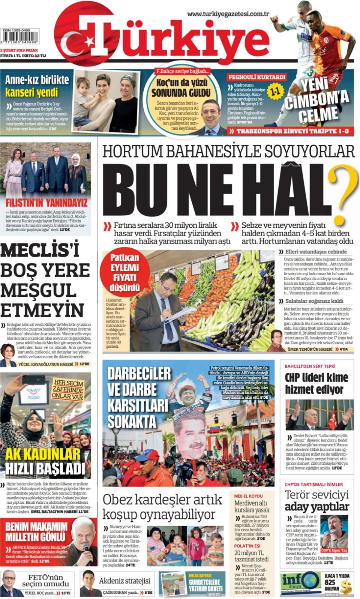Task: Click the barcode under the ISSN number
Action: [x=20, y=38]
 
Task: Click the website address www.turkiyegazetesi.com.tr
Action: [x=228, y=14]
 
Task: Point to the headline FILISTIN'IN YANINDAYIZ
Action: [x=46, y=203]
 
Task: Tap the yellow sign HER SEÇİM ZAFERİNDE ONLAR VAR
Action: [x=67, y=389]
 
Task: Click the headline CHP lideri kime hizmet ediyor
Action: [x=316, y=383]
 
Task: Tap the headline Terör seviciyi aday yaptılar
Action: [x=316, y=500]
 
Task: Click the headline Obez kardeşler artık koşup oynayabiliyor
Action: [x=162, y=507]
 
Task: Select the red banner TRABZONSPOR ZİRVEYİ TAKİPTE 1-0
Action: [x=289, y=131]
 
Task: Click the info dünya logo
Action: [x=300, y=582]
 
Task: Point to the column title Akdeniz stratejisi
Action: [x=124, y=581]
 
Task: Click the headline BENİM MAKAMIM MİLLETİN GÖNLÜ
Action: [x=36, y=531]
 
